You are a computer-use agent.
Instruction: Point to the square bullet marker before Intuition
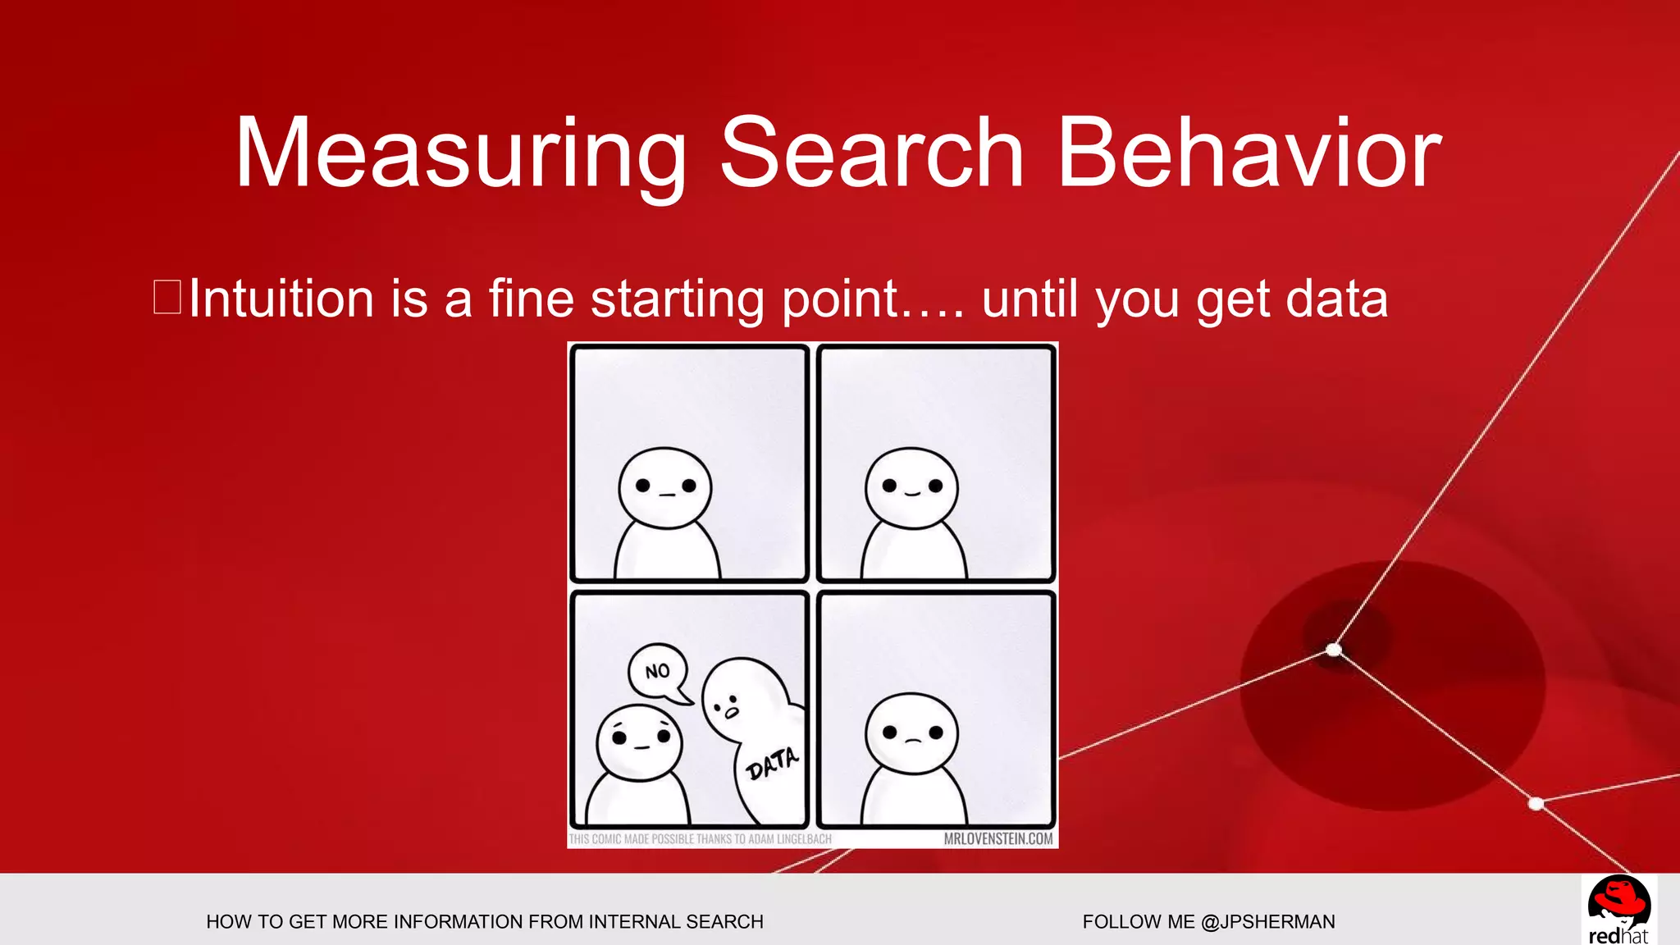coord(167,297)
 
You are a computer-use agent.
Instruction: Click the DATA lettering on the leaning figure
coord(771,764)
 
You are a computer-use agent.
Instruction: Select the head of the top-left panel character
coord(664,487)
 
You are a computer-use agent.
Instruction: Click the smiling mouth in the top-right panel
coord(912,494)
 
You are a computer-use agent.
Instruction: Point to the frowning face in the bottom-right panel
coord(912,733)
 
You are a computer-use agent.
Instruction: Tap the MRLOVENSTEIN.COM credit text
coord(997,839)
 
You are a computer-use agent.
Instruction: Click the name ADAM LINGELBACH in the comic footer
coord(788,839)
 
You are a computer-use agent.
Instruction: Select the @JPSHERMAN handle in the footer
coord(1267,921)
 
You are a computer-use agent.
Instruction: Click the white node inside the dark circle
coord(1334,650)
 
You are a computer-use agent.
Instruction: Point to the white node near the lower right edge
coord(1536,803)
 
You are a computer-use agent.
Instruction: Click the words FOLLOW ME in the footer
coord(1139,921)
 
